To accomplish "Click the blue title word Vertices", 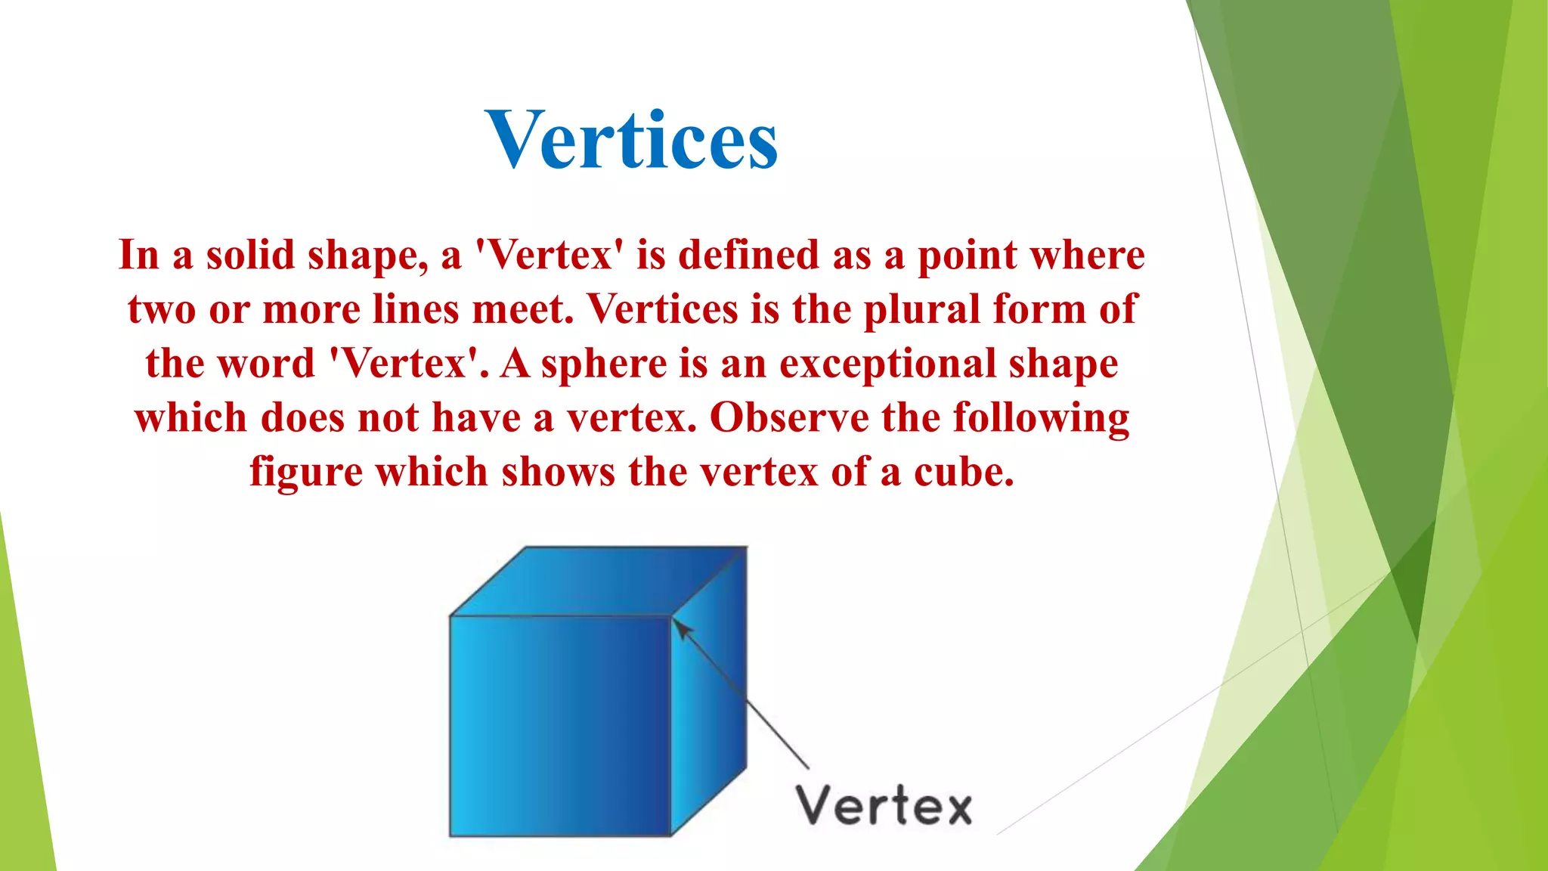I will click(x=632, y=140).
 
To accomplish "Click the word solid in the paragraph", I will click(x=250, y=255).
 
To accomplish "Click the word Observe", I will click(x=789, y=418).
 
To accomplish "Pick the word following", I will click(x=1041, y=418).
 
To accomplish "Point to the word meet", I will click(x=522, y=309).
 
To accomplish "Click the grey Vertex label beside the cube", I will click(x=884, y=806).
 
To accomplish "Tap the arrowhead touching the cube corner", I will click(x=680, y=627).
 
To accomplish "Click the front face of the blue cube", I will click(x=559, y=726).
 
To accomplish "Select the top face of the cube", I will click(x=597, y=581).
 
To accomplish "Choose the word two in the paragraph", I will click(x=161, y=309).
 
